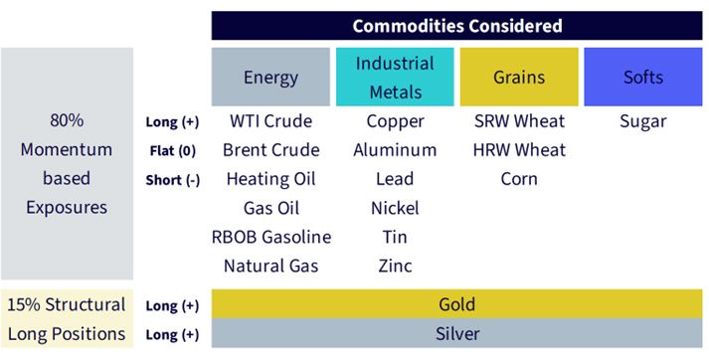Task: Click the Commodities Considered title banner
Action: [x=456, y=26]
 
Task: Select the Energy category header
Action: [x=270, y=77]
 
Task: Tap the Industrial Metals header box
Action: [x=395, y=77]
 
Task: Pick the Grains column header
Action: [x=519, y=77]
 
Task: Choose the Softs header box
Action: [x=643, y=77]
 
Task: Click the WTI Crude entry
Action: [x=270, y=121]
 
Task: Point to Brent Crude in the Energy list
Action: [x=270, y=150]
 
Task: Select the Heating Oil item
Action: [x=270, y=179]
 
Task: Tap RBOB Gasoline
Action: [x=271, y=237]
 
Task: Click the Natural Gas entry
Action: [x=270, y=266]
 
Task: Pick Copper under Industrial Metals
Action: [x=395, y=122]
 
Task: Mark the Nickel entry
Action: [x=395, y=208]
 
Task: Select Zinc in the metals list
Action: [x=395, y=266]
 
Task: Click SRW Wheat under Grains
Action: [x=519, y=121]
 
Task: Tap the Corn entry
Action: [x=519, y=179]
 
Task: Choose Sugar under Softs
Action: [x=643, y=122]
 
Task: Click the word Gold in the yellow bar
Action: [x=456, y=304]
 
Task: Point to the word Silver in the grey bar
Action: [x=457, y=334]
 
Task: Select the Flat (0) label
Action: [x=173, y=151]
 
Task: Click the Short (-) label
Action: [x=173, y=180]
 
